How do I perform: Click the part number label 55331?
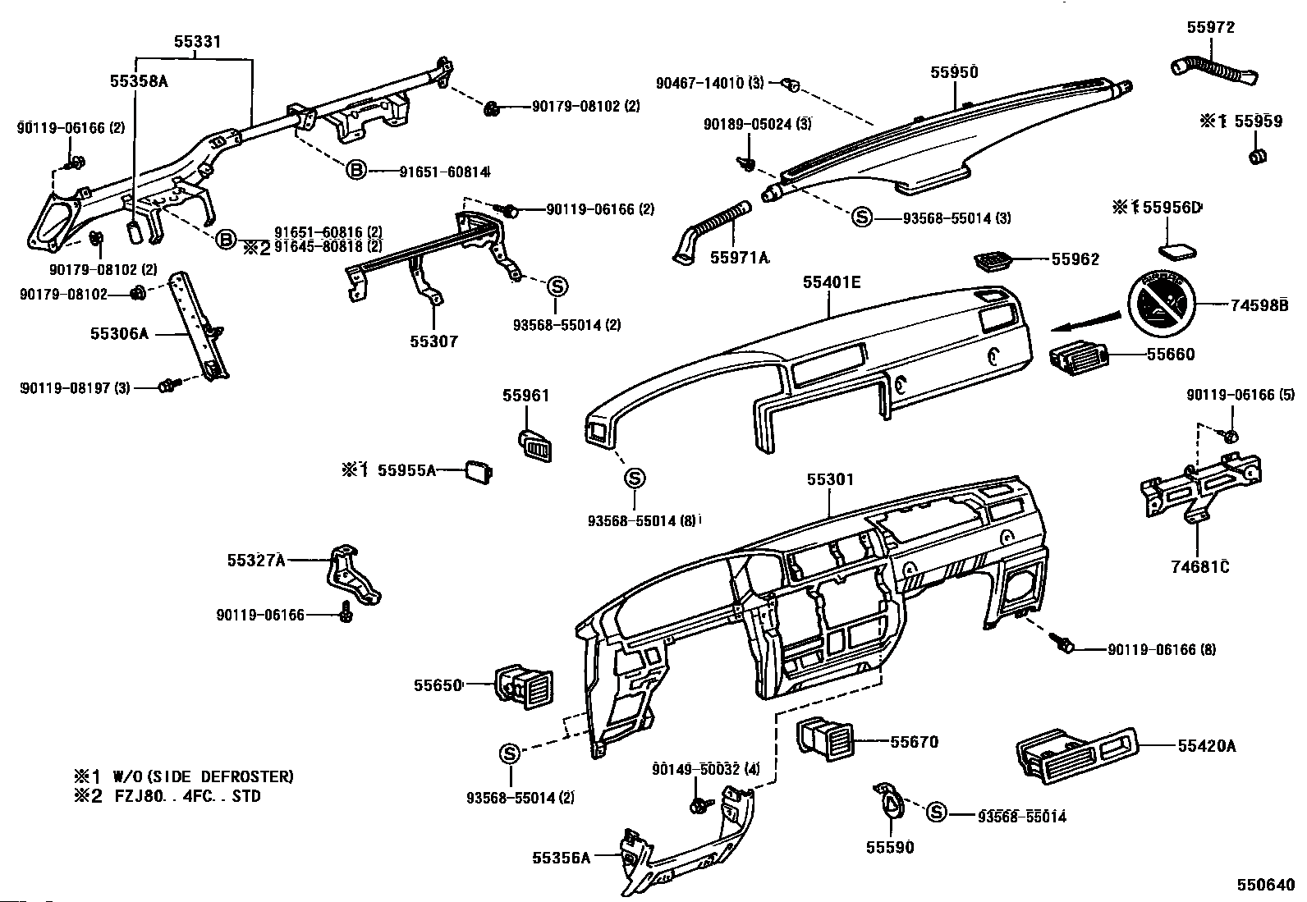point(197,41)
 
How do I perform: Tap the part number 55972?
point(1210,27)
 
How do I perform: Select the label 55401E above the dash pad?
point(832,283)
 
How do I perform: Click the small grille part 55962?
point(994,260)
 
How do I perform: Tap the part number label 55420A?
point(1206,746)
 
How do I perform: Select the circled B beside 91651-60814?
point(355,171)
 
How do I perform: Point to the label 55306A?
point(120,334)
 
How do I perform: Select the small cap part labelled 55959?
point(1255,156)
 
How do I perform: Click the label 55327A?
point(256,560)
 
